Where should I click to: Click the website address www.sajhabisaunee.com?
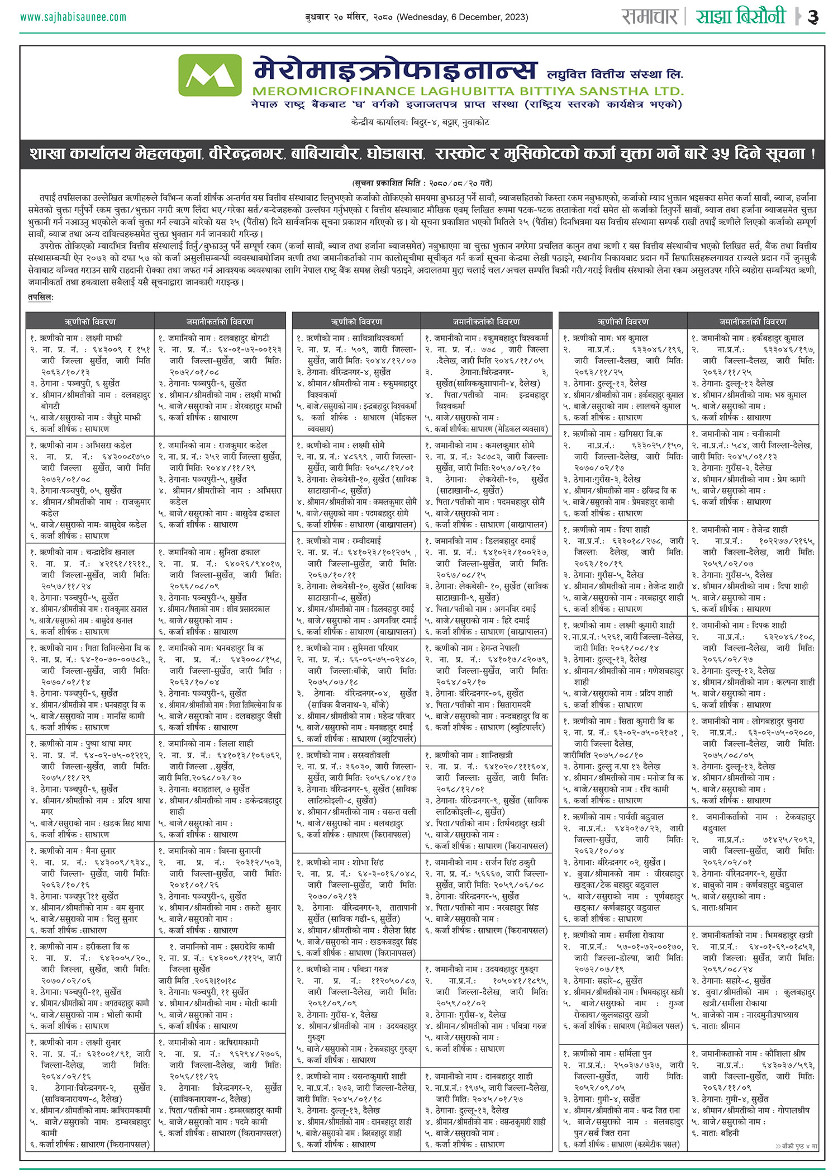73,17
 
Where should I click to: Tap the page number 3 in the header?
813,17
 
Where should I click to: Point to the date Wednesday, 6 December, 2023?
462,17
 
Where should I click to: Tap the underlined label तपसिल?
41,297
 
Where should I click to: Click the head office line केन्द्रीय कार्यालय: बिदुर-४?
420,122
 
